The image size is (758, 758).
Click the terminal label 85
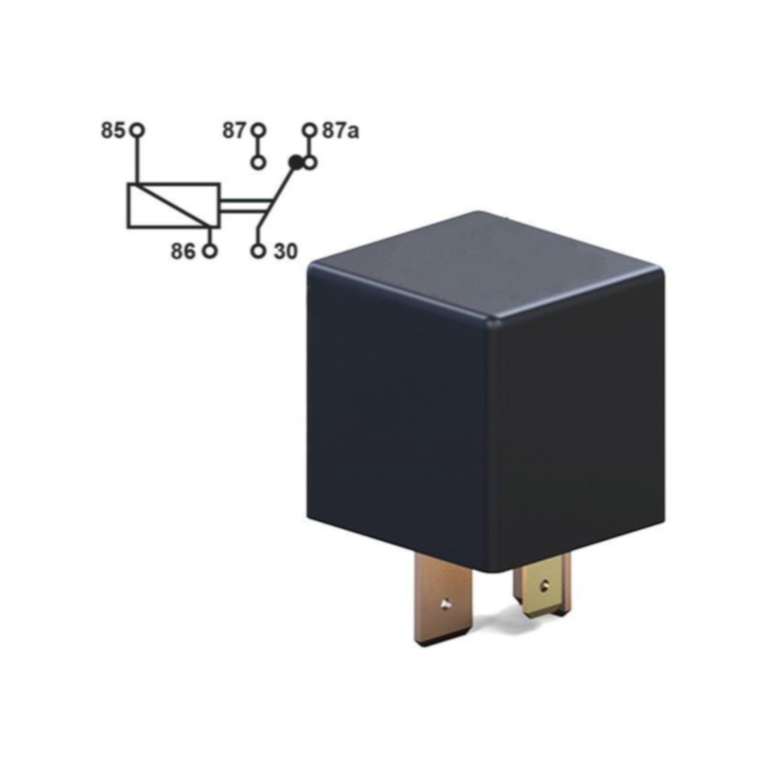[x=113, y=130]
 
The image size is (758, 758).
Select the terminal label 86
[x=183, y=251]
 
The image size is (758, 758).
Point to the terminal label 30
[x=286, y=251]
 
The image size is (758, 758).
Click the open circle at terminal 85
[x=137, y=130]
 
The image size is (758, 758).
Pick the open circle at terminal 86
[x=210, y=251]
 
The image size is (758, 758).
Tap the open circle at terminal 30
[x=258, y=251]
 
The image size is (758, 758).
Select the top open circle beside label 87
[x=258, y=130]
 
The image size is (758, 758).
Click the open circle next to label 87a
[x=309, y=130]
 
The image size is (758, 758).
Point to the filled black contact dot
[x=295, y=162]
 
